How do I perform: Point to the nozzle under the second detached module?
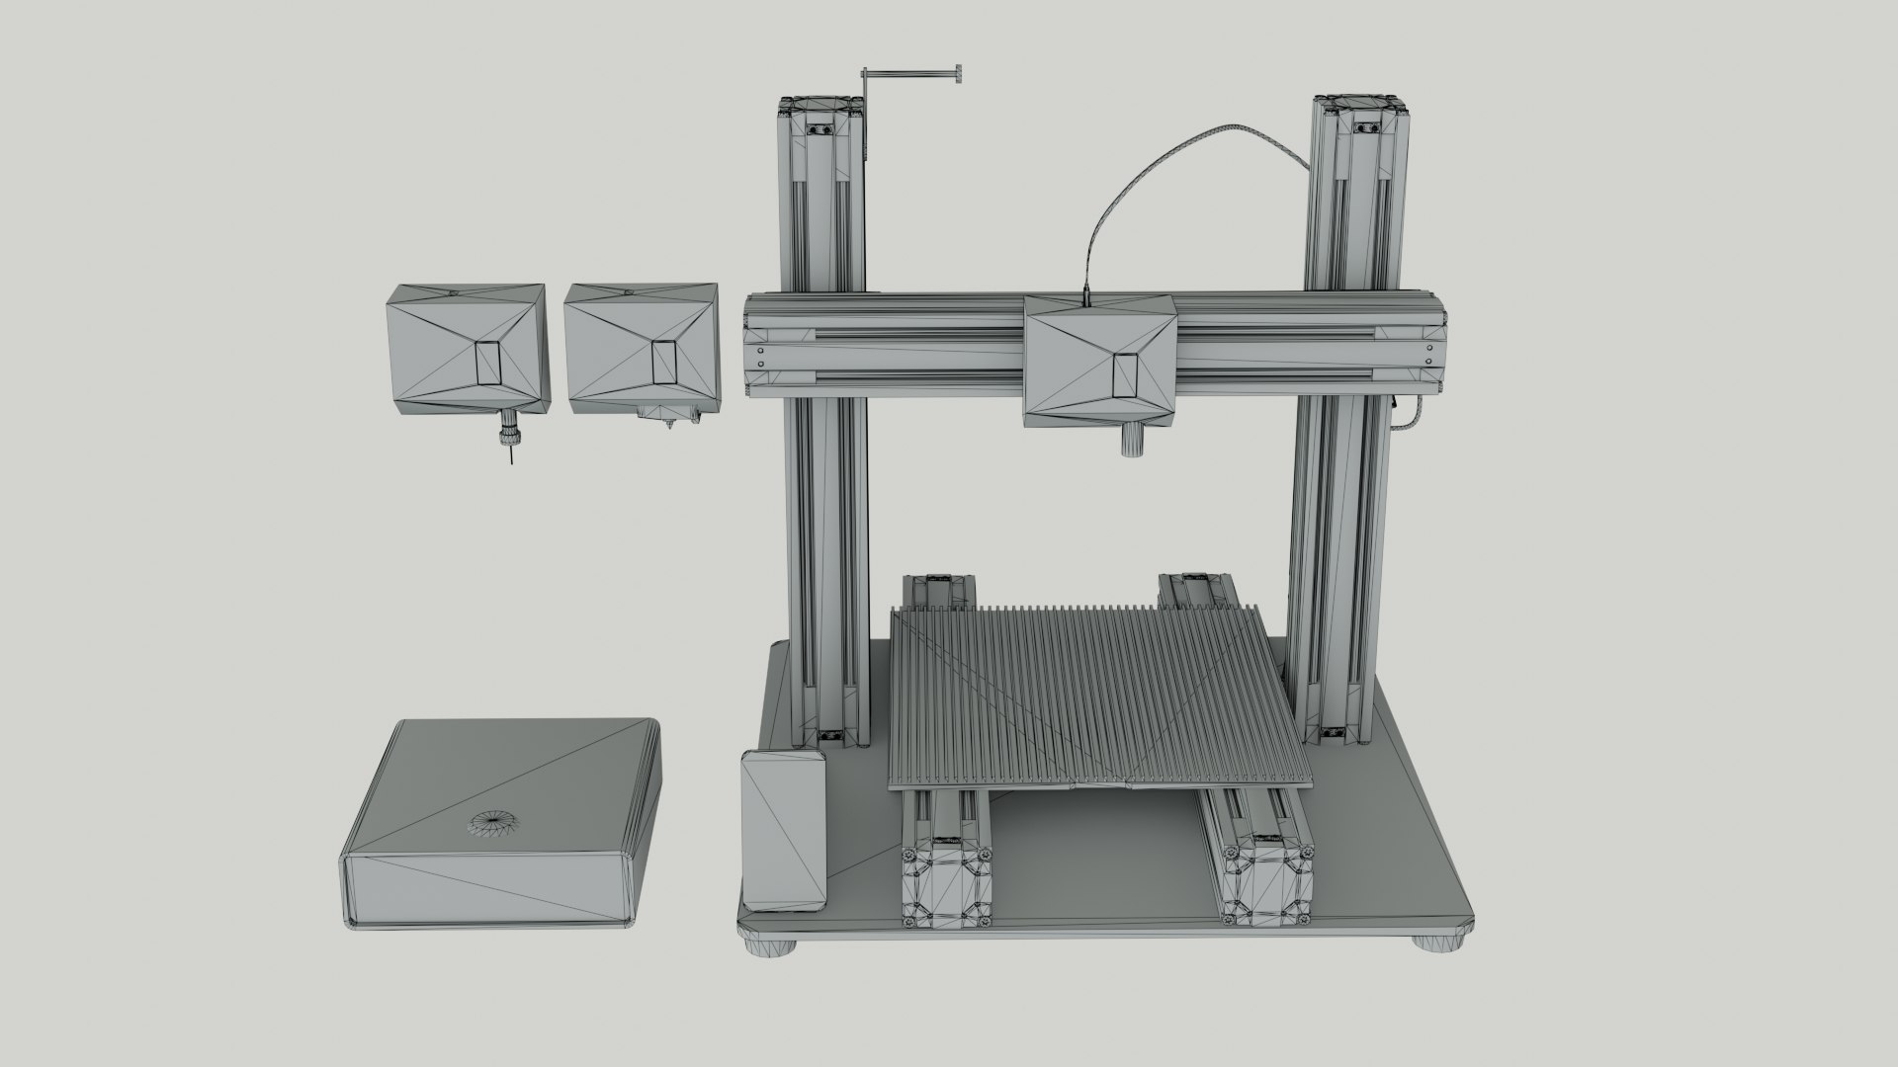[668, 424]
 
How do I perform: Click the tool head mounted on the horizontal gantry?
[1099, 362]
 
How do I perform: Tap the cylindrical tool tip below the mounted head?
[1131, 440]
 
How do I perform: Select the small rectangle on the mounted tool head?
[1126, 374]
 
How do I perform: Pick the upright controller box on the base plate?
[784, 831]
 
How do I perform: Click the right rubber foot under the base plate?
[1440, 943]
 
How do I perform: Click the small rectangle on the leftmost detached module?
[489, 363]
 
